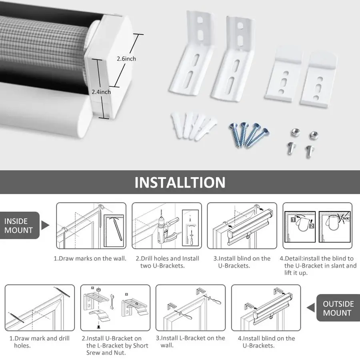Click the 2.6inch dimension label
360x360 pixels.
126,59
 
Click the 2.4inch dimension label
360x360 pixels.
101,92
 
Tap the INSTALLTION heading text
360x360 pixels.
180,182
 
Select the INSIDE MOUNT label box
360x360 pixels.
20,225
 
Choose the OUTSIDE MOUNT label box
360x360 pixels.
338,308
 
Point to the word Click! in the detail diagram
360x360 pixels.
345,218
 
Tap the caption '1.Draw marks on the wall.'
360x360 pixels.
90,258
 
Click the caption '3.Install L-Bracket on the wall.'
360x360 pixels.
190,342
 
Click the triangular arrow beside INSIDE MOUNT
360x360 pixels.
45,225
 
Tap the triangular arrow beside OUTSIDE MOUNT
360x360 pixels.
311,308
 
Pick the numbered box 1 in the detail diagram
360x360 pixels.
293,220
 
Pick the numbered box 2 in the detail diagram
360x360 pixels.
311,226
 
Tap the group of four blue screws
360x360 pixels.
249,134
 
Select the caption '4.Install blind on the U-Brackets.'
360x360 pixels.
266,342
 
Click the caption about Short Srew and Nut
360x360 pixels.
115,345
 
